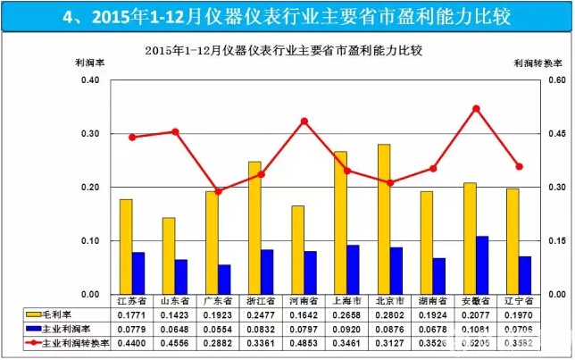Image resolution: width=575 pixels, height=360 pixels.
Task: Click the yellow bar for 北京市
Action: pos(358,219)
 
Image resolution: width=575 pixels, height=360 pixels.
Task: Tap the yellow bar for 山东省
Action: pos(168,255)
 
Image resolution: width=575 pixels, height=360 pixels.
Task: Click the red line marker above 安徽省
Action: pos(476,109)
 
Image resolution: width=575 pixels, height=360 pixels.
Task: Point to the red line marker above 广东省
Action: pos(218,191)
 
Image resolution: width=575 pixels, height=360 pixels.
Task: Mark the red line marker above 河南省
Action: pos(304,121)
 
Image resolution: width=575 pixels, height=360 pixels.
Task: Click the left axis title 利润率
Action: pos(89,63)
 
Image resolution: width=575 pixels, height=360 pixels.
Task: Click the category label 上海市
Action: pos(346,301)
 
